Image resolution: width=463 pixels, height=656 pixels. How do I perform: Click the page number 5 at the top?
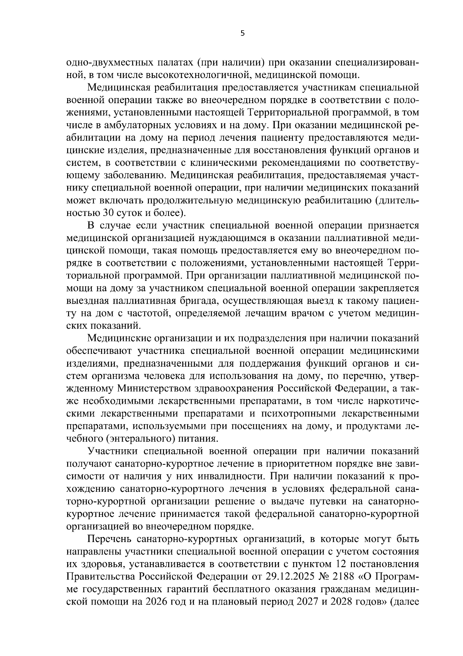(242, 34)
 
